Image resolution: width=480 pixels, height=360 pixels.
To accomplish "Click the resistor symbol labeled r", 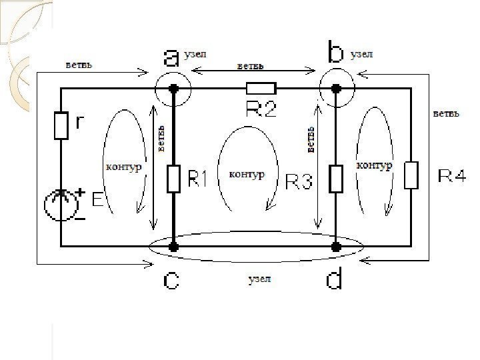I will pos(61,126).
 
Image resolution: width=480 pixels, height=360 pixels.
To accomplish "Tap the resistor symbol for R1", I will pos(173,179).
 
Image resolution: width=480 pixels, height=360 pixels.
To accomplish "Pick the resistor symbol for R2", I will pos(261,88).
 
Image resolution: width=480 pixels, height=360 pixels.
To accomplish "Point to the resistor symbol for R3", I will pos(336,178).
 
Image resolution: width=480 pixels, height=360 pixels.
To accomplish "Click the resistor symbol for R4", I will pos(411,175).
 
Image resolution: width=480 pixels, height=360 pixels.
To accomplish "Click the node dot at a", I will pos(173,88).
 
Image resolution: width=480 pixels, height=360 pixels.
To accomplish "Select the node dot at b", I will pos(336,88).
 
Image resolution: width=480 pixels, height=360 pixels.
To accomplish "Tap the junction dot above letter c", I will pos(173,246).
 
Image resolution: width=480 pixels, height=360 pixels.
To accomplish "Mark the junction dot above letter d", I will pos(336,246).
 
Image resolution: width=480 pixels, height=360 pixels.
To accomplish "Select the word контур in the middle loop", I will pos(247,174).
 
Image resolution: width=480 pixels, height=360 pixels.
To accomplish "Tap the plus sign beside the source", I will pos(81,192).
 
